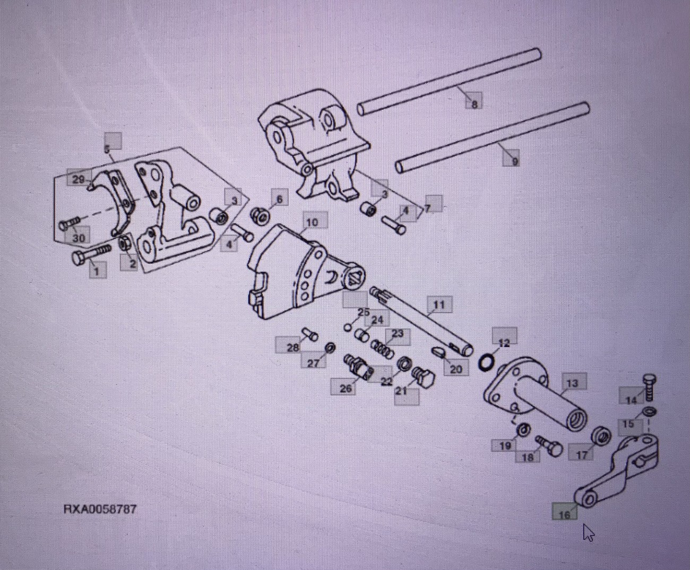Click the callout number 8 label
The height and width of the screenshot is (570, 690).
pyautogui.click(x=474, y=103)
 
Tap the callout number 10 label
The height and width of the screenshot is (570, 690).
pyautogui.click(x=312, y=222)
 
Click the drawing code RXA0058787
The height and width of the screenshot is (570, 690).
pyautogui.click(x=100, y=509)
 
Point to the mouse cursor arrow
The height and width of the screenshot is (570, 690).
pyautogui.click(x=588, y=532)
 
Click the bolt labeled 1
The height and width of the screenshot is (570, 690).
pyautogui.click(x=90, y=255)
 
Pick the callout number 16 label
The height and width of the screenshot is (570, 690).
pyautogui.click(x=564, y=513)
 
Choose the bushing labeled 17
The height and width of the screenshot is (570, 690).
pyautogui.click(x=601, y=436)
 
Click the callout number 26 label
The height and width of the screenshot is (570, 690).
pyautogui.click(x=345, y=388)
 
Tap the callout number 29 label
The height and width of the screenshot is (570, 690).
pyautogui.click(x=78, y=180)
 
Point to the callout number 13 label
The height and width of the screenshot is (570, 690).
pyautogui.click(x=572, y=383)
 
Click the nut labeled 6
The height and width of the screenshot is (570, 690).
pyautogui.click(x=260, y=215)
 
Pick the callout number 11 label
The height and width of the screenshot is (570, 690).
pyautogui.click(x=438, y=305)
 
